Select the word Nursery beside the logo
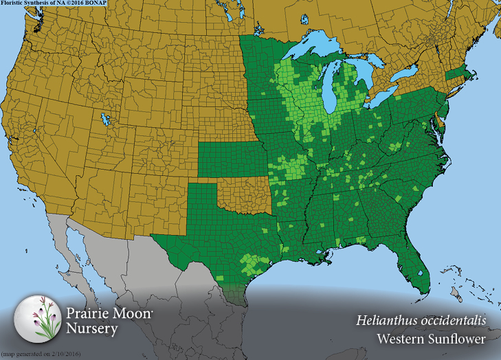pyautogui.click(x=92, y=328)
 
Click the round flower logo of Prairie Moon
pyautogui.click(x=38, y=317)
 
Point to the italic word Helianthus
pyautogui.click(x=386, y=321)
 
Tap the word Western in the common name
pyautogui.click(x=401, y=339)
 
